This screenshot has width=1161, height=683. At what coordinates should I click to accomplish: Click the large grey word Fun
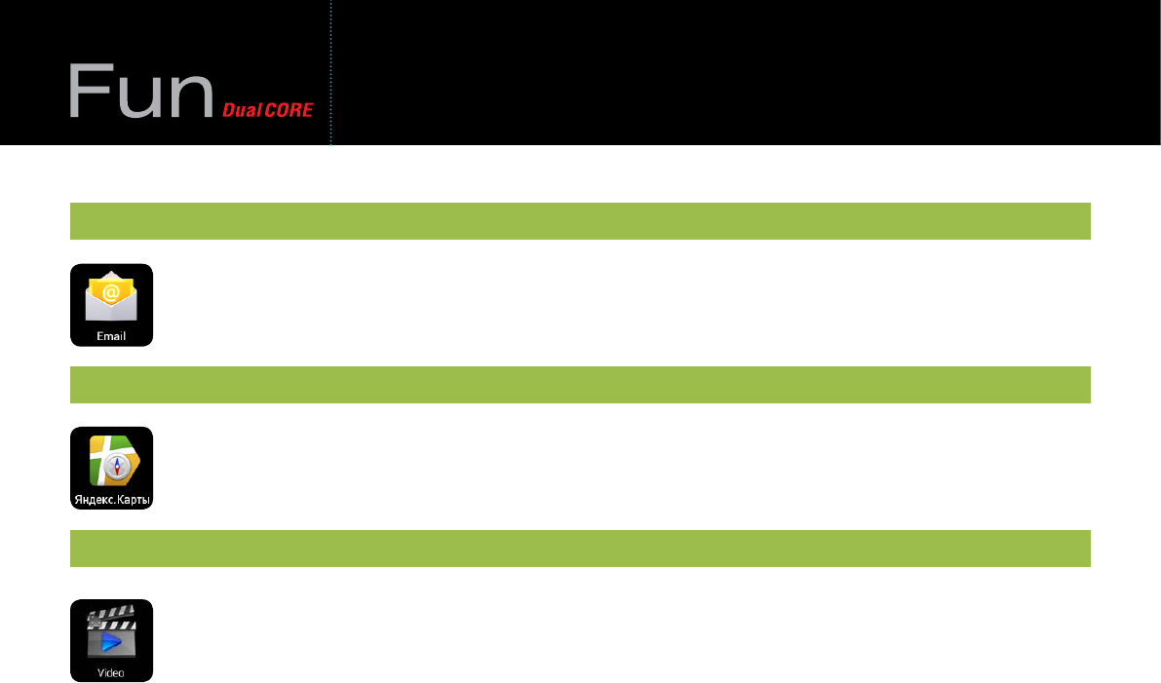141,93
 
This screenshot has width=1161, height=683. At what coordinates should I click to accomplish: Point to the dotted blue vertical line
330,73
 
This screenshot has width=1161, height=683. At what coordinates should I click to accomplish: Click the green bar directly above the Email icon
579,221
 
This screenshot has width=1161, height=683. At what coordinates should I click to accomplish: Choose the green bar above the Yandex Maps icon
579,385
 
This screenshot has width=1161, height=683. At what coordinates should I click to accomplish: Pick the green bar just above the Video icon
579,549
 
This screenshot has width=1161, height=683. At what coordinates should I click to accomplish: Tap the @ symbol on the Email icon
111,291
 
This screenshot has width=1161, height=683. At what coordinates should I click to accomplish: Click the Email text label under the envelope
111,336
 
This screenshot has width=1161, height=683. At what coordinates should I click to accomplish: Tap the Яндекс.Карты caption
111,500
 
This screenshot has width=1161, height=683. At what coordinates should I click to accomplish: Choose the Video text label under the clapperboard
111,672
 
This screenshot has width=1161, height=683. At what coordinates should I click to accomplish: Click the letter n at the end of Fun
193,97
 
